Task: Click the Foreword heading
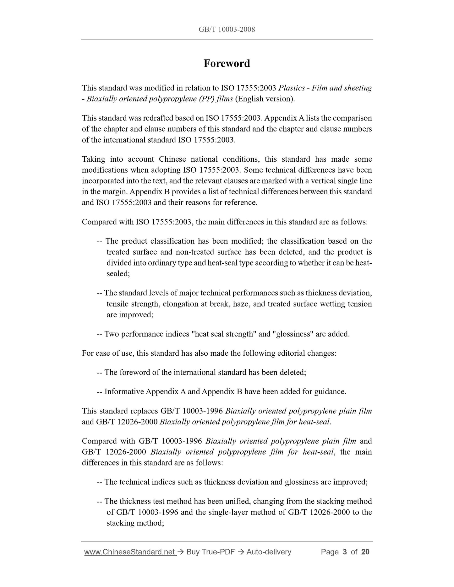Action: click(x=227, y=63)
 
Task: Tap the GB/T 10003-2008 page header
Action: click(x=227, y=30)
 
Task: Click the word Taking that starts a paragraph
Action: click(x=93, y=159)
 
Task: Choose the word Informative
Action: click(x=124, y=392)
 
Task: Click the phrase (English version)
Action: click(x=265, y=99)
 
